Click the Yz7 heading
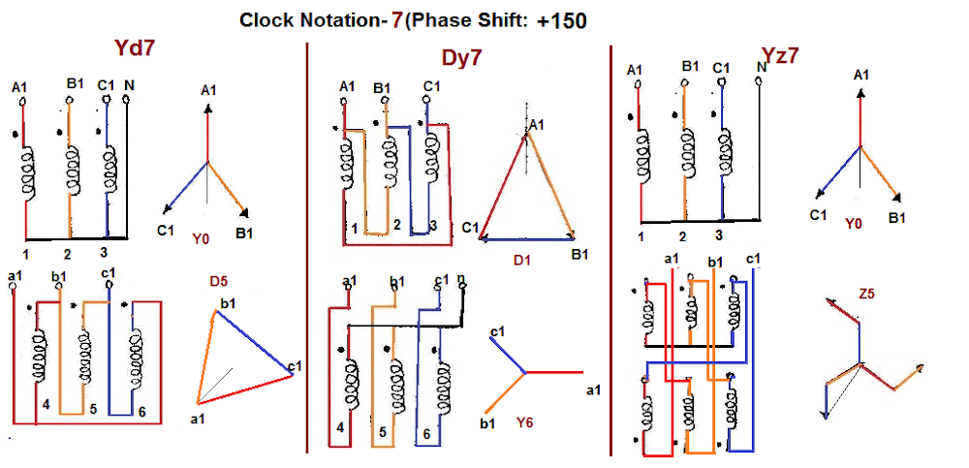[x=779, y=55]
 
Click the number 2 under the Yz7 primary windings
[x=682, y=235]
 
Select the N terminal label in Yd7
[x=129, y=85]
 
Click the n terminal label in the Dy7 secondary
[x=460, y=280]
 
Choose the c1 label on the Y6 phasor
[x=498, y=332]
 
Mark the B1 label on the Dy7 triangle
[x=580, y=255]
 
